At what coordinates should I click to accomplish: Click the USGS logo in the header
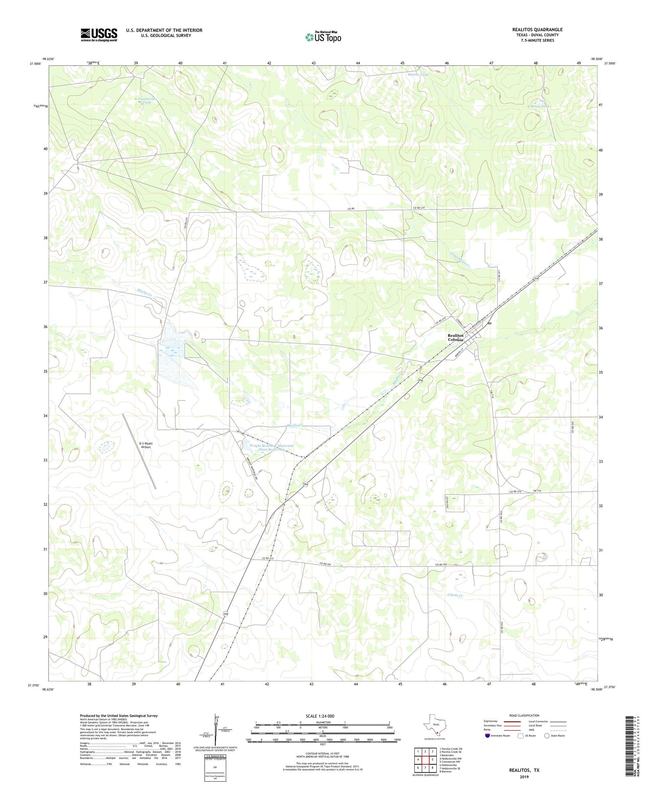(x=99, y=35)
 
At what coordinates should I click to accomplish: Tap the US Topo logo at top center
(x=323, y=37)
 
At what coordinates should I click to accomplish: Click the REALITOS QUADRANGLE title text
(x=537, y=29)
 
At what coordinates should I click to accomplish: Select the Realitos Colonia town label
(x=455, y=338)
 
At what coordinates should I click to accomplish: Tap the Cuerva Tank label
(x=539, y=106)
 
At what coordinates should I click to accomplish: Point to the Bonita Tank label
(x=418, y=75)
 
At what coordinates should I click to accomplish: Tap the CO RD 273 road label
(x=268, y=559)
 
